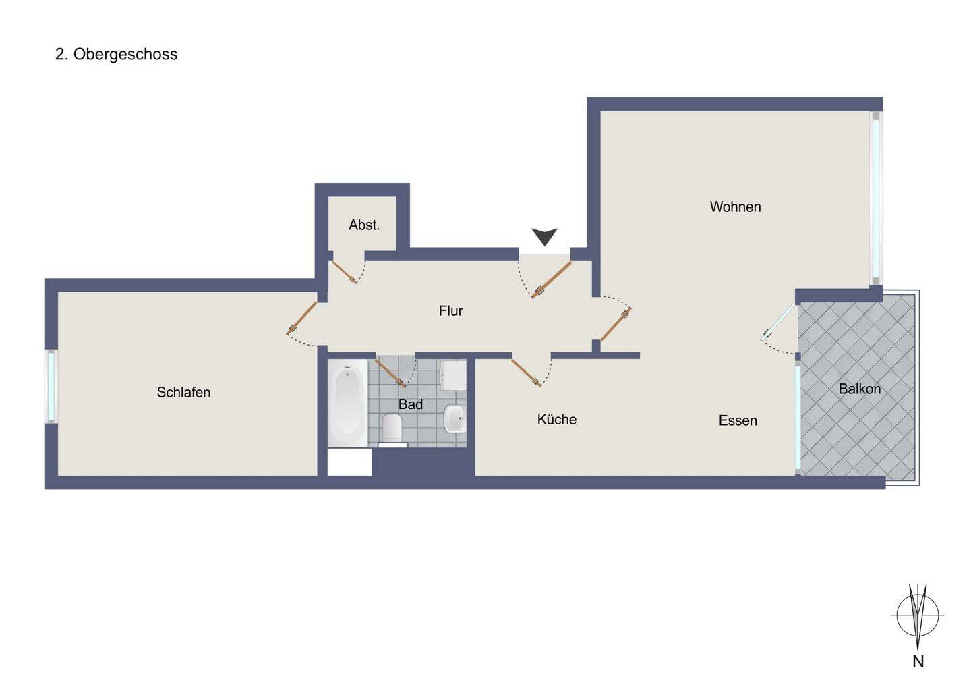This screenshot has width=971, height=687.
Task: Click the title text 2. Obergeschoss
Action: [x=116, y=55]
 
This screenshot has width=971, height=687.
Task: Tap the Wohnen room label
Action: [x=735, y=207]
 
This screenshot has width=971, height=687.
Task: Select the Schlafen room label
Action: [x=183, y=393]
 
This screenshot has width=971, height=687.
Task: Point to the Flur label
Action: [x=451, y=311]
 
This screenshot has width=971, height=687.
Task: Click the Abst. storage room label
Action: [x=364, y=225]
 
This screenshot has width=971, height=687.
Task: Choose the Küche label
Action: [x=556, y=419]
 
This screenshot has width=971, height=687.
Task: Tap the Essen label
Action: [x=738, y=420]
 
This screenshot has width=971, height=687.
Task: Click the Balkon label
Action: [x=860, y=389]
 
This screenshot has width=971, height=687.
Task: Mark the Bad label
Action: [x=411, y=405]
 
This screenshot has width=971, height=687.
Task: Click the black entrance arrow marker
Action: [x=544, y=237]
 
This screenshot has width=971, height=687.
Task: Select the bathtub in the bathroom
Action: [x=347, y=402]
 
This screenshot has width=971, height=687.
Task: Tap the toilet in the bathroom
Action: [x=392, y=429]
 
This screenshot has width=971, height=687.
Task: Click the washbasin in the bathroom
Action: [x=454, y=418]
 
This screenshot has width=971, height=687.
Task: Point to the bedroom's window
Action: [x=51, y=387]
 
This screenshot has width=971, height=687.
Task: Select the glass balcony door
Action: [x=778, y=323]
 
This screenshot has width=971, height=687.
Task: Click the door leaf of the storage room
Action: [x=345, y=273]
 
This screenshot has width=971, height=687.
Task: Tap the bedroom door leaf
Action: [x=301, y=319]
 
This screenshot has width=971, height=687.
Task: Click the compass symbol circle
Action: [x=917, y=615]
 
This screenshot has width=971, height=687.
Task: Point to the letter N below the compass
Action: [x=918, y=661]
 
